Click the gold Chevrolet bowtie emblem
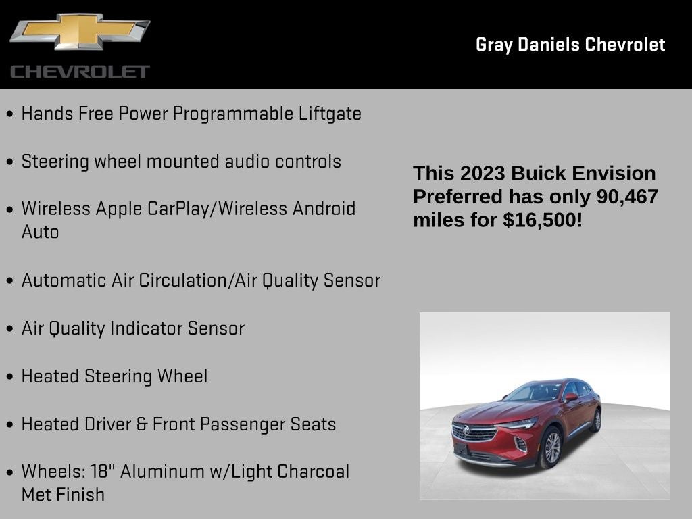tap(79, 32)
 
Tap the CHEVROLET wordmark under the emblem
tap(80, 72)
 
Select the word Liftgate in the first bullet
tap(330, 114)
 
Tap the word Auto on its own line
tap(40, 232)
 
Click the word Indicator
tap(146, 328)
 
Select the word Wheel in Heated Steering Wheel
tap(182, 376)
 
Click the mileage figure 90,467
tap(626, 197)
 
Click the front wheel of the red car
tap(551, 447)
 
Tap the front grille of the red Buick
tap(474, 432)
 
